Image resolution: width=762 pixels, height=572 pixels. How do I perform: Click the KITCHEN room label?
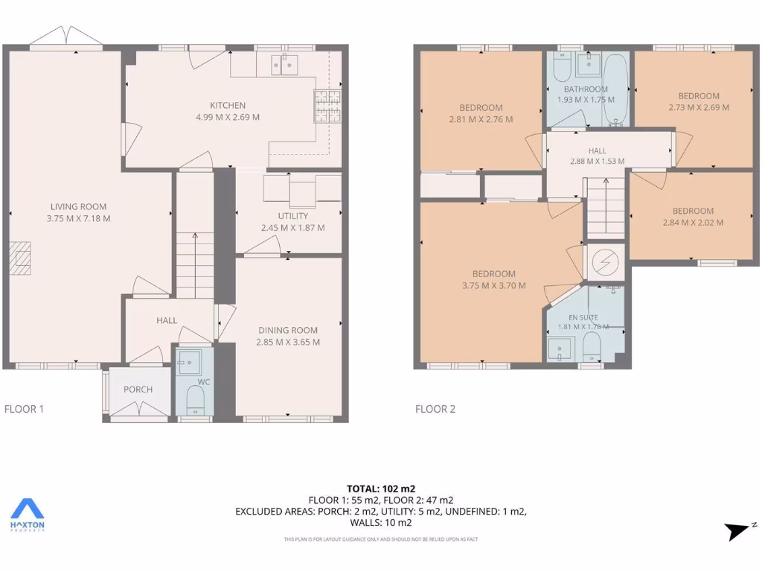[227, 105]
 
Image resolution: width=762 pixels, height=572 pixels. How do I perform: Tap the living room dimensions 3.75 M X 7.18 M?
[78, 218]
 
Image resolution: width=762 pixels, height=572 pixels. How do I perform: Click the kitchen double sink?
[284, 65]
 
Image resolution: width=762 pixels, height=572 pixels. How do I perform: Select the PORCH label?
[138, 390]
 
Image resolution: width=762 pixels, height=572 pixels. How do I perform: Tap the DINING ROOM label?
[288, 330]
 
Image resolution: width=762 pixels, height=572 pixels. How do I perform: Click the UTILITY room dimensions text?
[292, 228]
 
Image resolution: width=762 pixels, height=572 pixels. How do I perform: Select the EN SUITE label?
[583, 317]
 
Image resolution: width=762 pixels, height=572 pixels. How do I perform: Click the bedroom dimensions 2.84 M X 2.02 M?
[693, 222]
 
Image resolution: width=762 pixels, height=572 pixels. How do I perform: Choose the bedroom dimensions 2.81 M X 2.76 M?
[481, 119]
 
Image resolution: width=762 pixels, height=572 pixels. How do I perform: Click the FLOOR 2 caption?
[435, 409]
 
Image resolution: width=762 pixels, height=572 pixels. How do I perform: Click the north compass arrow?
[740, 530]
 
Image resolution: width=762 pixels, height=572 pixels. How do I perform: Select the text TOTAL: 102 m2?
[381, 489]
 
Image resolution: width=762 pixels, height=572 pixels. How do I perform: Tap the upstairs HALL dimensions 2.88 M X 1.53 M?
[597, 161]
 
